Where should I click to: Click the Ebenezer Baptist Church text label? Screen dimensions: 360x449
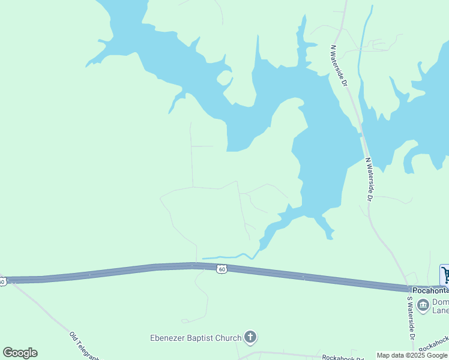pyautogui.click(x=196, y=338)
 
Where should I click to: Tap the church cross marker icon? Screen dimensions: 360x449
pyautogui.click(x=250, y=338)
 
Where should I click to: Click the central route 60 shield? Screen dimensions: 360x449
pyautogui.click(x=222, y=269)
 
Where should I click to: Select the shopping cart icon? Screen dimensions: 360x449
pyautogui.click(x=445, y=275)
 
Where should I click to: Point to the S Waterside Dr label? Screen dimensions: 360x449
pyautogui.click(x=411, y=318)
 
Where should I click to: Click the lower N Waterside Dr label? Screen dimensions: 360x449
pyautogui.click(x=370, y=179)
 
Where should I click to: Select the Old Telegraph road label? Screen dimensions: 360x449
pyautogui.click(x=85, y=347)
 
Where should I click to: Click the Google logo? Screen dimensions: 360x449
pyautogui.click(x=20, y=352)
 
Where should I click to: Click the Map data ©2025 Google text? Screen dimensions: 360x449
pyautogui.click(x=412, y=355)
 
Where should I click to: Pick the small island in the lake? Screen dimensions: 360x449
pyautogui.click(x=224, y=78)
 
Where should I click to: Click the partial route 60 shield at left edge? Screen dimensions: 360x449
pyautogui.click(x=2, y=281)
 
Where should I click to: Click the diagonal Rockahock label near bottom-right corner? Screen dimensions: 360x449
pyautogui.click(x=433, y=347)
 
